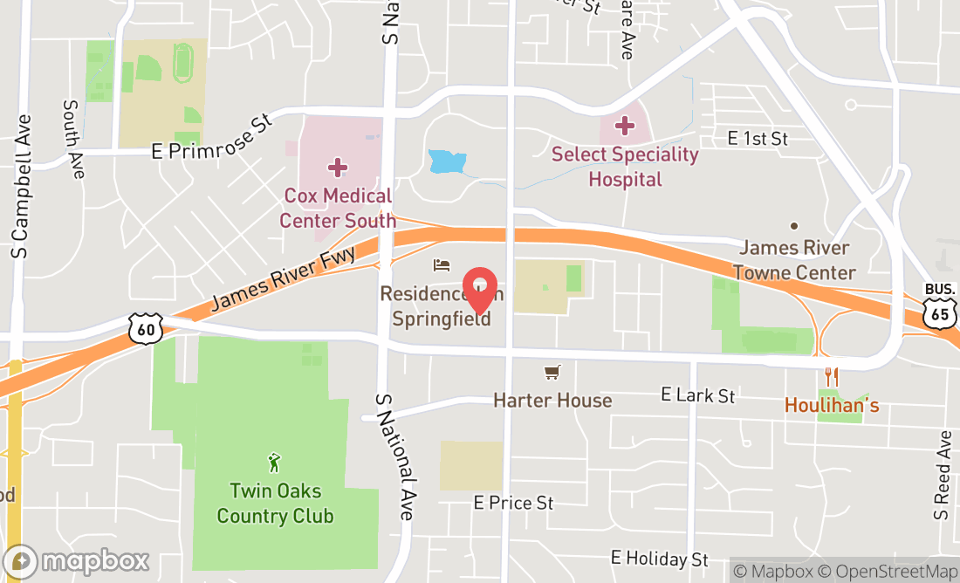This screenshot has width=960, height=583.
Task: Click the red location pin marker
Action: [x=480, y=290]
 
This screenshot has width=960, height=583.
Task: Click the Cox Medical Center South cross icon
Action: [x=338, y=167]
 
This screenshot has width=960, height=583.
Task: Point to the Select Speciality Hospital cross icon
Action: [x=624, y=126]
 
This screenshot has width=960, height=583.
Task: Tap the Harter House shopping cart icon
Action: [x=552, y=374]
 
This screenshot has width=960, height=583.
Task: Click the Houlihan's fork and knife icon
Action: [x=831, y=377]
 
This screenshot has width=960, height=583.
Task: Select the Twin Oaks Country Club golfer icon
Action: [x=275, y=462]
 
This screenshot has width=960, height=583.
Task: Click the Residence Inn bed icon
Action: [x=442, y=264]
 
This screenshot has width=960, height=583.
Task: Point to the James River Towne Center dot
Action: [x=794, y=226]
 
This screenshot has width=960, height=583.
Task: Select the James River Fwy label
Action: [x=283, y=278]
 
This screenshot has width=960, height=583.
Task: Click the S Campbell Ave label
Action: [x=22, y=187]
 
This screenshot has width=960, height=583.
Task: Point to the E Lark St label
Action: [x=698, y=395]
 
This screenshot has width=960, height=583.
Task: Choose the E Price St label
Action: [x=513, y=503]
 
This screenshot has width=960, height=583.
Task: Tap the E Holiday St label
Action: [x=660, y=558]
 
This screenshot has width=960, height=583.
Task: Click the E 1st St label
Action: [x=758, y=139]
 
